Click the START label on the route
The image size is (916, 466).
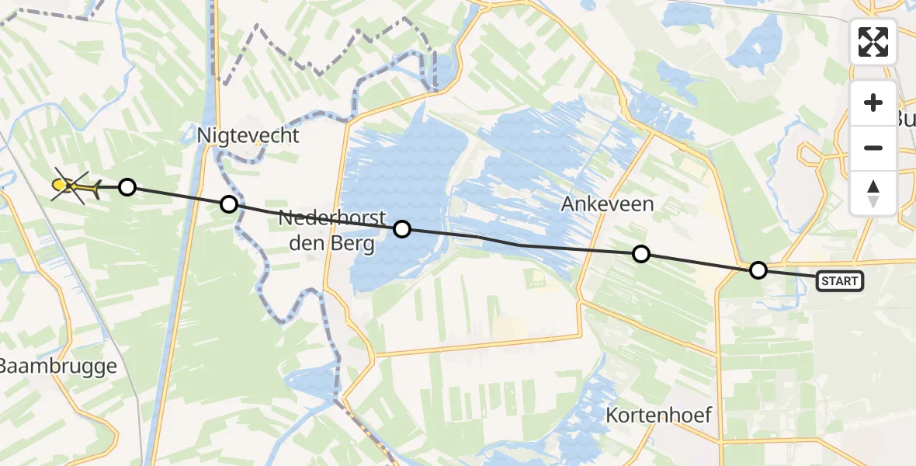(x=840, y=280)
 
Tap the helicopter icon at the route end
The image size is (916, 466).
(x=73, y=186)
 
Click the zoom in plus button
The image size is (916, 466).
(x=873, y=103)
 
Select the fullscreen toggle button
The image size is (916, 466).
(x=873, y=42)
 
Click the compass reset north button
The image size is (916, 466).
(x=873, y=193)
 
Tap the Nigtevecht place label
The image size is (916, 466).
(x=248, y=135)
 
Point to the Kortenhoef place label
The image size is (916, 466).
(x=660, y=413)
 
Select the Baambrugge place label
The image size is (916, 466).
(x=58, y=367)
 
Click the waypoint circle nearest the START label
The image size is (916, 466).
(x=758, y=270)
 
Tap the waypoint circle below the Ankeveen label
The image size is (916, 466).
(x=641, y=254)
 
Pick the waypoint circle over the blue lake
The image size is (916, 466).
(x=402, y=229)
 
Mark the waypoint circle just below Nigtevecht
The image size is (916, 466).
(x=229, y=204)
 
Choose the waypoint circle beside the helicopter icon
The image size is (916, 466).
(x=127, y=186)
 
